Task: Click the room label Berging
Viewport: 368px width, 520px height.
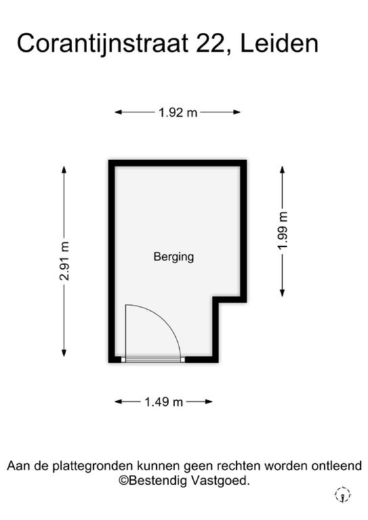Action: [173, 257]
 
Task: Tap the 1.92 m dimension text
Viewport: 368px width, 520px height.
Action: [178, 113]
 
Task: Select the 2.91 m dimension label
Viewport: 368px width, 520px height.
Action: [64, 261]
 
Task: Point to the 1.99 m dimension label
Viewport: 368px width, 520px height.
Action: [283, 230]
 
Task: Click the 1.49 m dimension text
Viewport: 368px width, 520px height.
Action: [163, 402]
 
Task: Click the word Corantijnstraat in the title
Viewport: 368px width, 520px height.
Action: [102, 43]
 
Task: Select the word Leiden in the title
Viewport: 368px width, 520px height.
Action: [279, 43]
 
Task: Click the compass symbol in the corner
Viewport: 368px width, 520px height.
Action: [342, 495]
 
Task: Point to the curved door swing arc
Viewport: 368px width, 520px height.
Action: [165, 319]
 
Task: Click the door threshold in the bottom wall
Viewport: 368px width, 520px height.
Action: [153, 360]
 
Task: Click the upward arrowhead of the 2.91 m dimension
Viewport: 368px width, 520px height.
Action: [64, 169]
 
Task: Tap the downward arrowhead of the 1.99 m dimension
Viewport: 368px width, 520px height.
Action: [283, 292]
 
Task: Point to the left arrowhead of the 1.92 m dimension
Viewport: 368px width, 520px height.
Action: [119, 112]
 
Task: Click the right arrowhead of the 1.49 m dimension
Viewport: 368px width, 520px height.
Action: [209, 402]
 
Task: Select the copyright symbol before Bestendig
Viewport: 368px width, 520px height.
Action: [123, 481]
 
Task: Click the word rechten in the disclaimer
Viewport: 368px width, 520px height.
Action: [239, 466]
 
